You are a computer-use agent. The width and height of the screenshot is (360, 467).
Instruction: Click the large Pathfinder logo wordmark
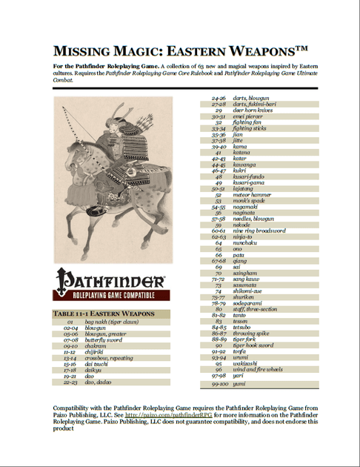click(x=110, y=280)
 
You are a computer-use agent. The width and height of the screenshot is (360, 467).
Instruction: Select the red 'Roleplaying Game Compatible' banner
click(x=110, y=294)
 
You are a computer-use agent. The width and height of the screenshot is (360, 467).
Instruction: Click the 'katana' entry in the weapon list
click(x=242, y=152)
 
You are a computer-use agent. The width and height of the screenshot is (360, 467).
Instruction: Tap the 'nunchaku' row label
click(x=246, y=242)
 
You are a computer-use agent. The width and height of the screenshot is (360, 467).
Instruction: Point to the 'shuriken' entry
click(x=244, y=297)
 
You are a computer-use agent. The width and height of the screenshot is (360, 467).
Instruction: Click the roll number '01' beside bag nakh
click(x=70, y=323)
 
